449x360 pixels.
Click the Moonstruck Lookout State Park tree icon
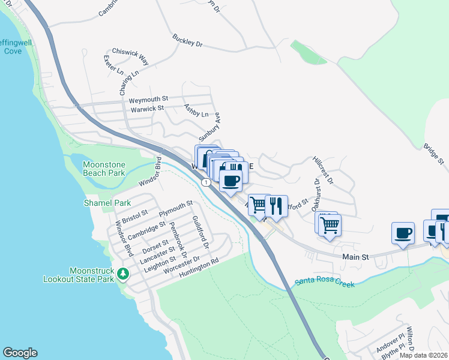click(x=123, y=274)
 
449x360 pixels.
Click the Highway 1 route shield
click(x=206, y=181)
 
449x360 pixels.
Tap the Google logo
click(x=20, y=353)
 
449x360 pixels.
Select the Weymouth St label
click(x=148, y=98)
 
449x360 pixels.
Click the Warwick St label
click(x=148, y=109)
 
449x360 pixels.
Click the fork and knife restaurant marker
click(x=276, y=206)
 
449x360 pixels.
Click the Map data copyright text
click(x=424, y=355)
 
